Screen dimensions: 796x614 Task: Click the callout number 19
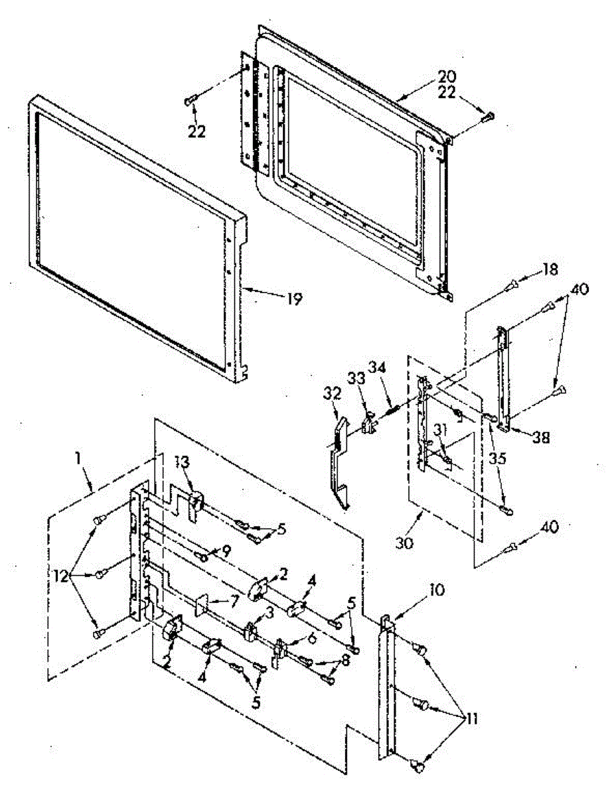(x=293, y=300)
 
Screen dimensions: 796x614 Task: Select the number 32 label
(x=332, y=393)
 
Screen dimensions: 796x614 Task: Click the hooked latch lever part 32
(x=339, y=458)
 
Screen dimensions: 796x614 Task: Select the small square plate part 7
(x=202, y=604)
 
